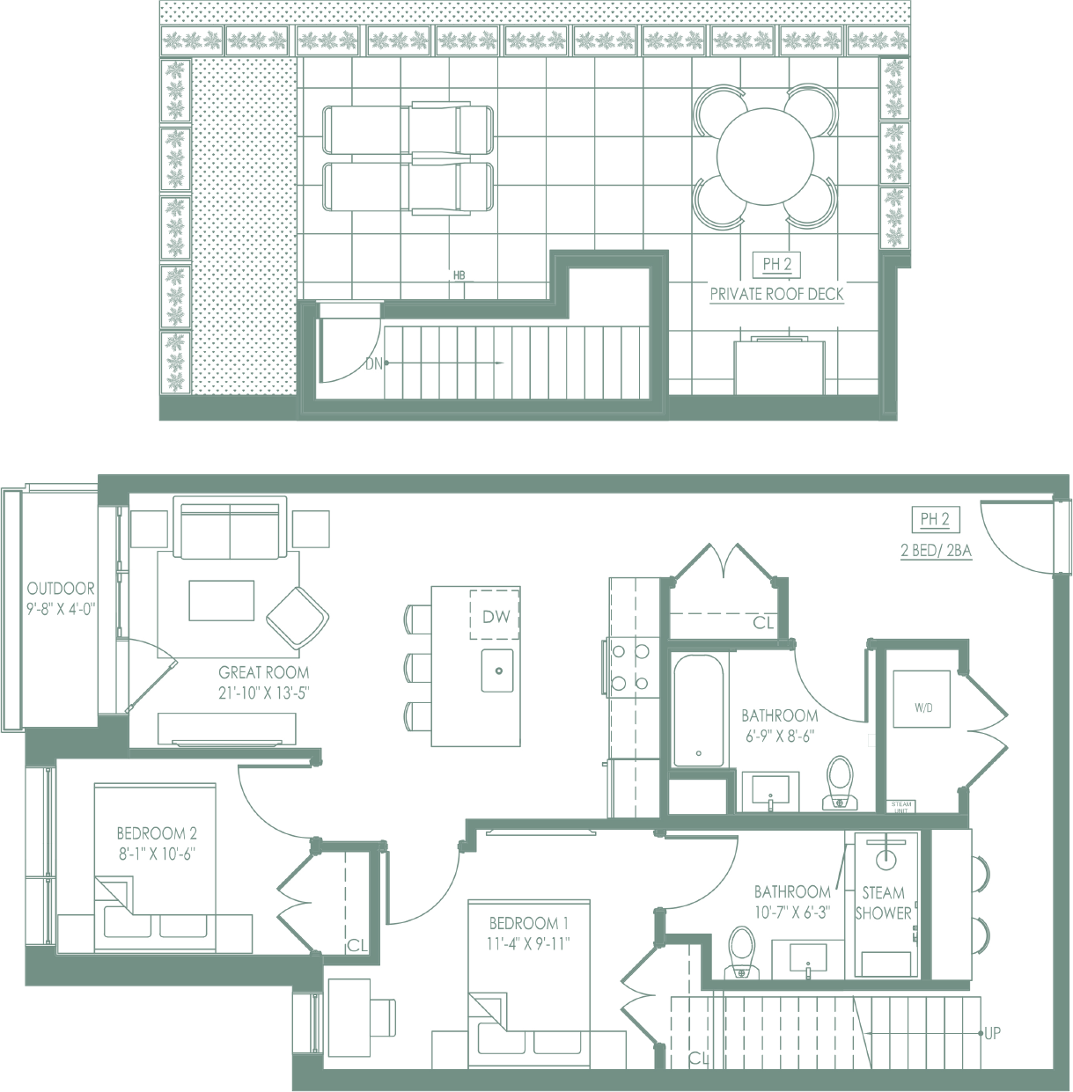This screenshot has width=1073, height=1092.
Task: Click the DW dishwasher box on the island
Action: (496, 616)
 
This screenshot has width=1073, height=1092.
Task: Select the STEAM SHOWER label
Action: (883, 903)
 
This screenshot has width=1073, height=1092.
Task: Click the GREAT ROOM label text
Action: (264, 672)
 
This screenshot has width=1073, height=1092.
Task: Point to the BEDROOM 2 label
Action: (157, 832)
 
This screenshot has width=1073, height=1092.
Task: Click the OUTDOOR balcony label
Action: (61, 589)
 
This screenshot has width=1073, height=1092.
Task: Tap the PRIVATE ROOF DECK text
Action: (776, 294)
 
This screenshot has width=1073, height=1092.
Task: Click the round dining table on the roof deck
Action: (764, 157)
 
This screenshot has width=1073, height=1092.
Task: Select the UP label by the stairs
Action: (992, 1033)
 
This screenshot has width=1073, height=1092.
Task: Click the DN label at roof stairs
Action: (373, 363)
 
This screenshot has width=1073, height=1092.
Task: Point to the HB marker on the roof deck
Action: (459, 275)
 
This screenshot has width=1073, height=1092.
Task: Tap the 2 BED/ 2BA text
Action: (936, 552)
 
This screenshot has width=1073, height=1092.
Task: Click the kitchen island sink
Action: (499, 671)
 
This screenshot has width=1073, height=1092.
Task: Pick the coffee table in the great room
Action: (222, 600)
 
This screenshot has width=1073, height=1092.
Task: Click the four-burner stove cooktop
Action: (630, 666)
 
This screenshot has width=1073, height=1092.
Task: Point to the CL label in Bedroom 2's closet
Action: (356, 946)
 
